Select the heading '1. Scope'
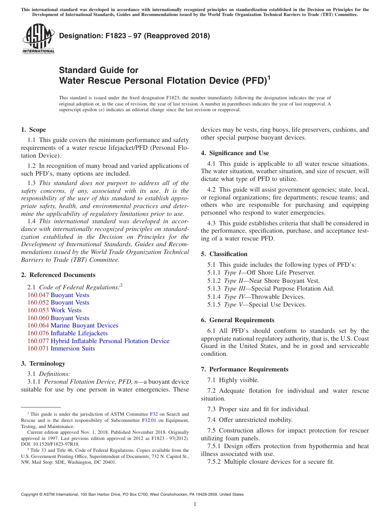point(33,130)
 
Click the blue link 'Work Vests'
point(66,310)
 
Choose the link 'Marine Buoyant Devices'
point(84,325)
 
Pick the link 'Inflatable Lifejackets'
point(79,333)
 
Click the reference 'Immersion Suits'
point(73,348)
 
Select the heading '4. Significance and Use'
point(235,153)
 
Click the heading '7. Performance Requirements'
point(244,369)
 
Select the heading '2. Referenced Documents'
point(58,275)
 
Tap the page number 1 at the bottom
point(195,504)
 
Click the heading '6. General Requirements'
point(238,320)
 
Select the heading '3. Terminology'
point(43,364)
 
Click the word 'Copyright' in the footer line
point(30,495)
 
